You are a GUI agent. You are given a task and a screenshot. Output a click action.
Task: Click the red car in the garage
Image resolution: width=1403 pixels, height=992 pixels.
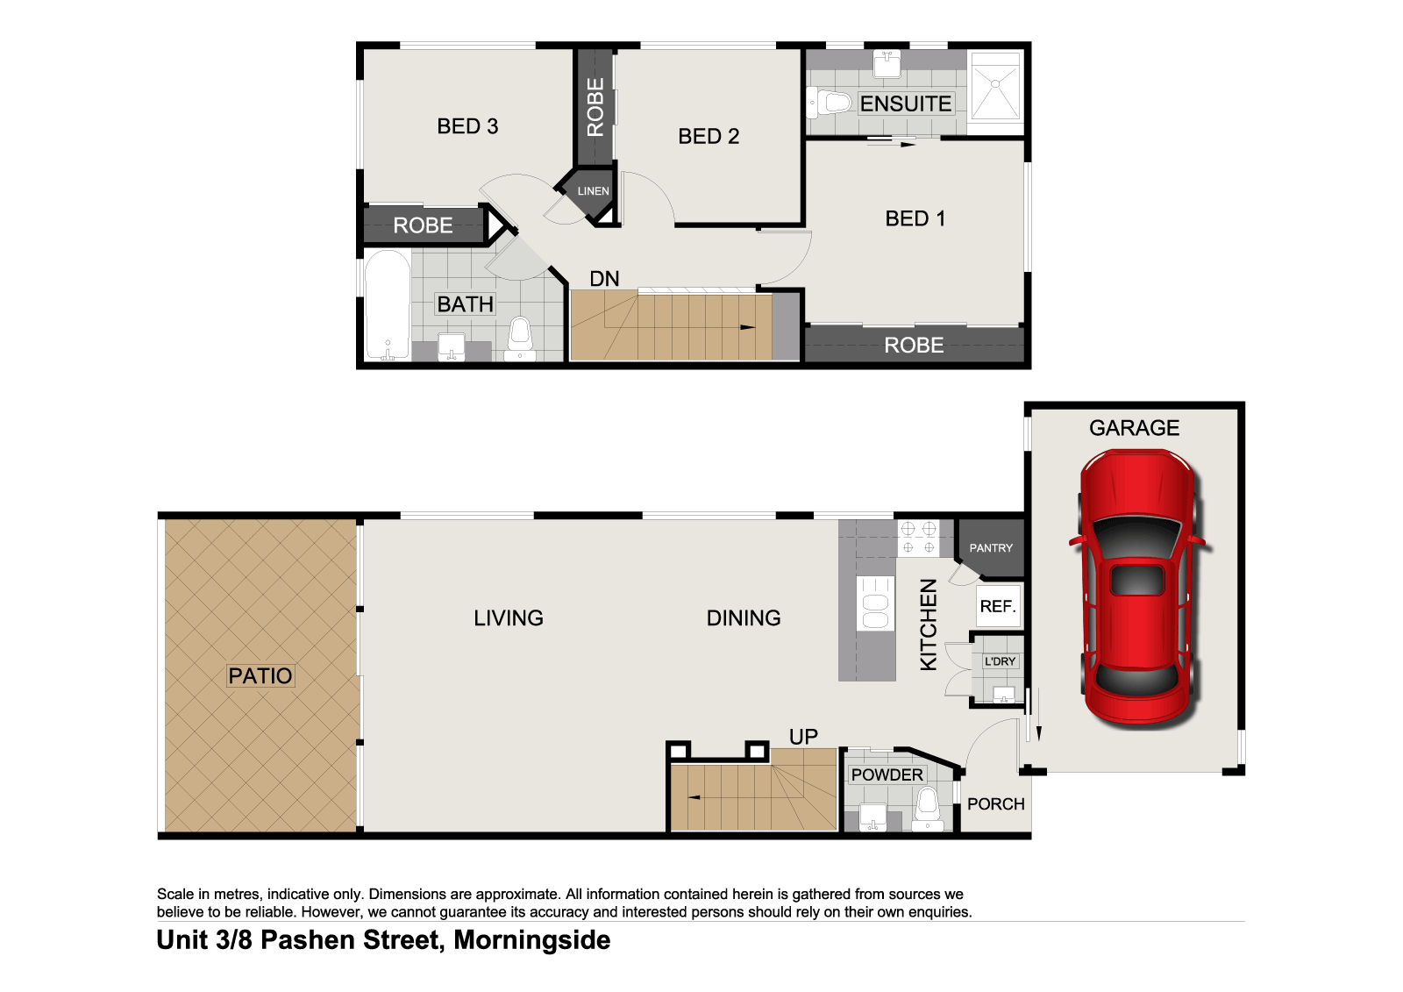pyautogui.click(x=1137, y=588)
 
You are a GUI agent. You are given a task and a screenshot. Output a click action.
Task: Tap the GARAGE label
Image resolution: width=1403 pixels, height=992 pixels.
pyautogui.click(x=1134, y=428)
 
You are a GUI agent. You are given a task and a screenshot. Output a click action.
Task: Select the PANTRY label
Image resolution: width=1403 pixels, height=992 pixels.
pyautogui.click(x=991, y=548)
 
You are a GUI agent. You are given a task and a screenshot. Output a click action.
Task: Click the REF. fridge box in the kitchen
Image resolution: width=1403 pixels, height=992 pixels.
pyautogui.click(x=998, y=606)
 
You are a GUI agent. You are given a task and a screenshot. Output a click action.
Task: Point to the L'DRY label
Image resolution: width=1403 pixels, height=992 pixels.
pyautogui.click(x=1000, y=661)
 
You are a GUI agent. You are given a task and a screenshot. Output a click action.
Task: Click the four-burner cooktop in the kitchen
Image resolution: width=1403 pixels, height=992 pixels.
pyautogui.click(x=918, y=538)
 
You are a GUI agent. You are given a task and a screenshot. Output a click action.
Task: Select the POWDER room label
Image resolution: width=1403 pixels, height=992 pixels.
pyautogui.click(x=887, y=774)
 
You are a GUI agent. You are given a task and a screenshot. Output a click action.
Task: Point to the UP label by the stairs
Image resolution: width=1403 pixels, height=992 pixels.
pyautogui.click(x=803, y=737)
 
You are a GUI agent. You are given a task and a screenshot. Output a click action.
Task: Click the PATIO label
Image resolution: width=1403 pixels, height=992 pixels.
pyautogui.click(x=260, y=675)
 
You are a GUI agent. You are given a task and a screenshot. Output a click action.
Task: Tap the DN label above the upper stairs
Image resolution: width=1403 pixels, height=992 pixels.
pyautogui.click(x=604, y=279)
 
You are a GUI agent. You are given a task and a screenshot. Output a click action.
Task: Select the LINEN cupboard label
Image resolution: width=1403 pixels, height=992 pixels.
pyautogui.click(x=593, y=191)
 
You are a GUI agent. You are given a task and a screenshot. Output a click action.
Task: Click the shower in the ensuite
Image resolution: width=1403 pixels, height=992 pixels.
pyautogui.click(x=996, y=85)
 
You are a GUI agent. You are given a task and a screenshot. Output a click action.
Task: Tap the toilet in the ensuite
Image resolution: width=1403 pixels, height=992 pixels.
pyautogui.click(x=831, y=103)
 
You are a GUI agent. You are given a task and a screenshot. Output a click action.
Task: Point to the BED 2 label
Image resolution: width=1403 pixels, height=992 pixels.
pyautogui.click(x=709, y=136)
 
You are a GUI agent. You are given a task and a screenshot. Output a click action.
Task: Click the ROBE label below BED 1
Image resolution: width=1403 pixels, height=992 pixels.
pyautogui.click(x=914, y=346)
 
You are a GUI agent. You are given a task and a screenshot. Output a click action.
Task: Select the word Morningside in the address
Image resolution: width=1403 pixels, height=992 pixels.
pyautogui.click(x=532, y=940)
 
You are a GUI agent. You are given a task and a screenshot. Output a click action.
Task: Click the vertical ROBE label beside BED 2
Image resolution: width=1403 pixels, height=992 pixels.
pyautogui.click(x=595, y=107)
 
